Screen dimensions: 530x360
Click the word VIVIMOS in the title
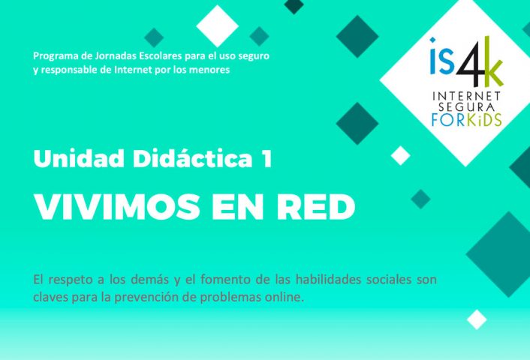(x=117, y=207)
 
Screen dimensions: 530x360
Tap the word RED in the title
(x=316, y=207)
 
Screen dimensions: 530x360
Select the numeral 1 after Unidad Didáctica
(x=267, y=158)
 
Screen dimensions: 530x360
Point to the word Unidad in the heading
(x=79, y=158)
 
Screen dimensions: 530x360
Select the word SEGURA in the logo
(x=466, y=107)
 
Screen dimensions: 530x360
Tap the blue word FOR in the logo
(x=449, y=120)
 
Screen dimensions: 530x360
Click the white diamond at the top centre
(x=218, y=26)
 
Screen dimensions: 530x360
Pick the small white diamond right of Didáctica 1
(x=401, y=156)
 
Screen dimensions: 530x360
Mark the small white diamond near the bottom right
(x=477, y=319)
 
